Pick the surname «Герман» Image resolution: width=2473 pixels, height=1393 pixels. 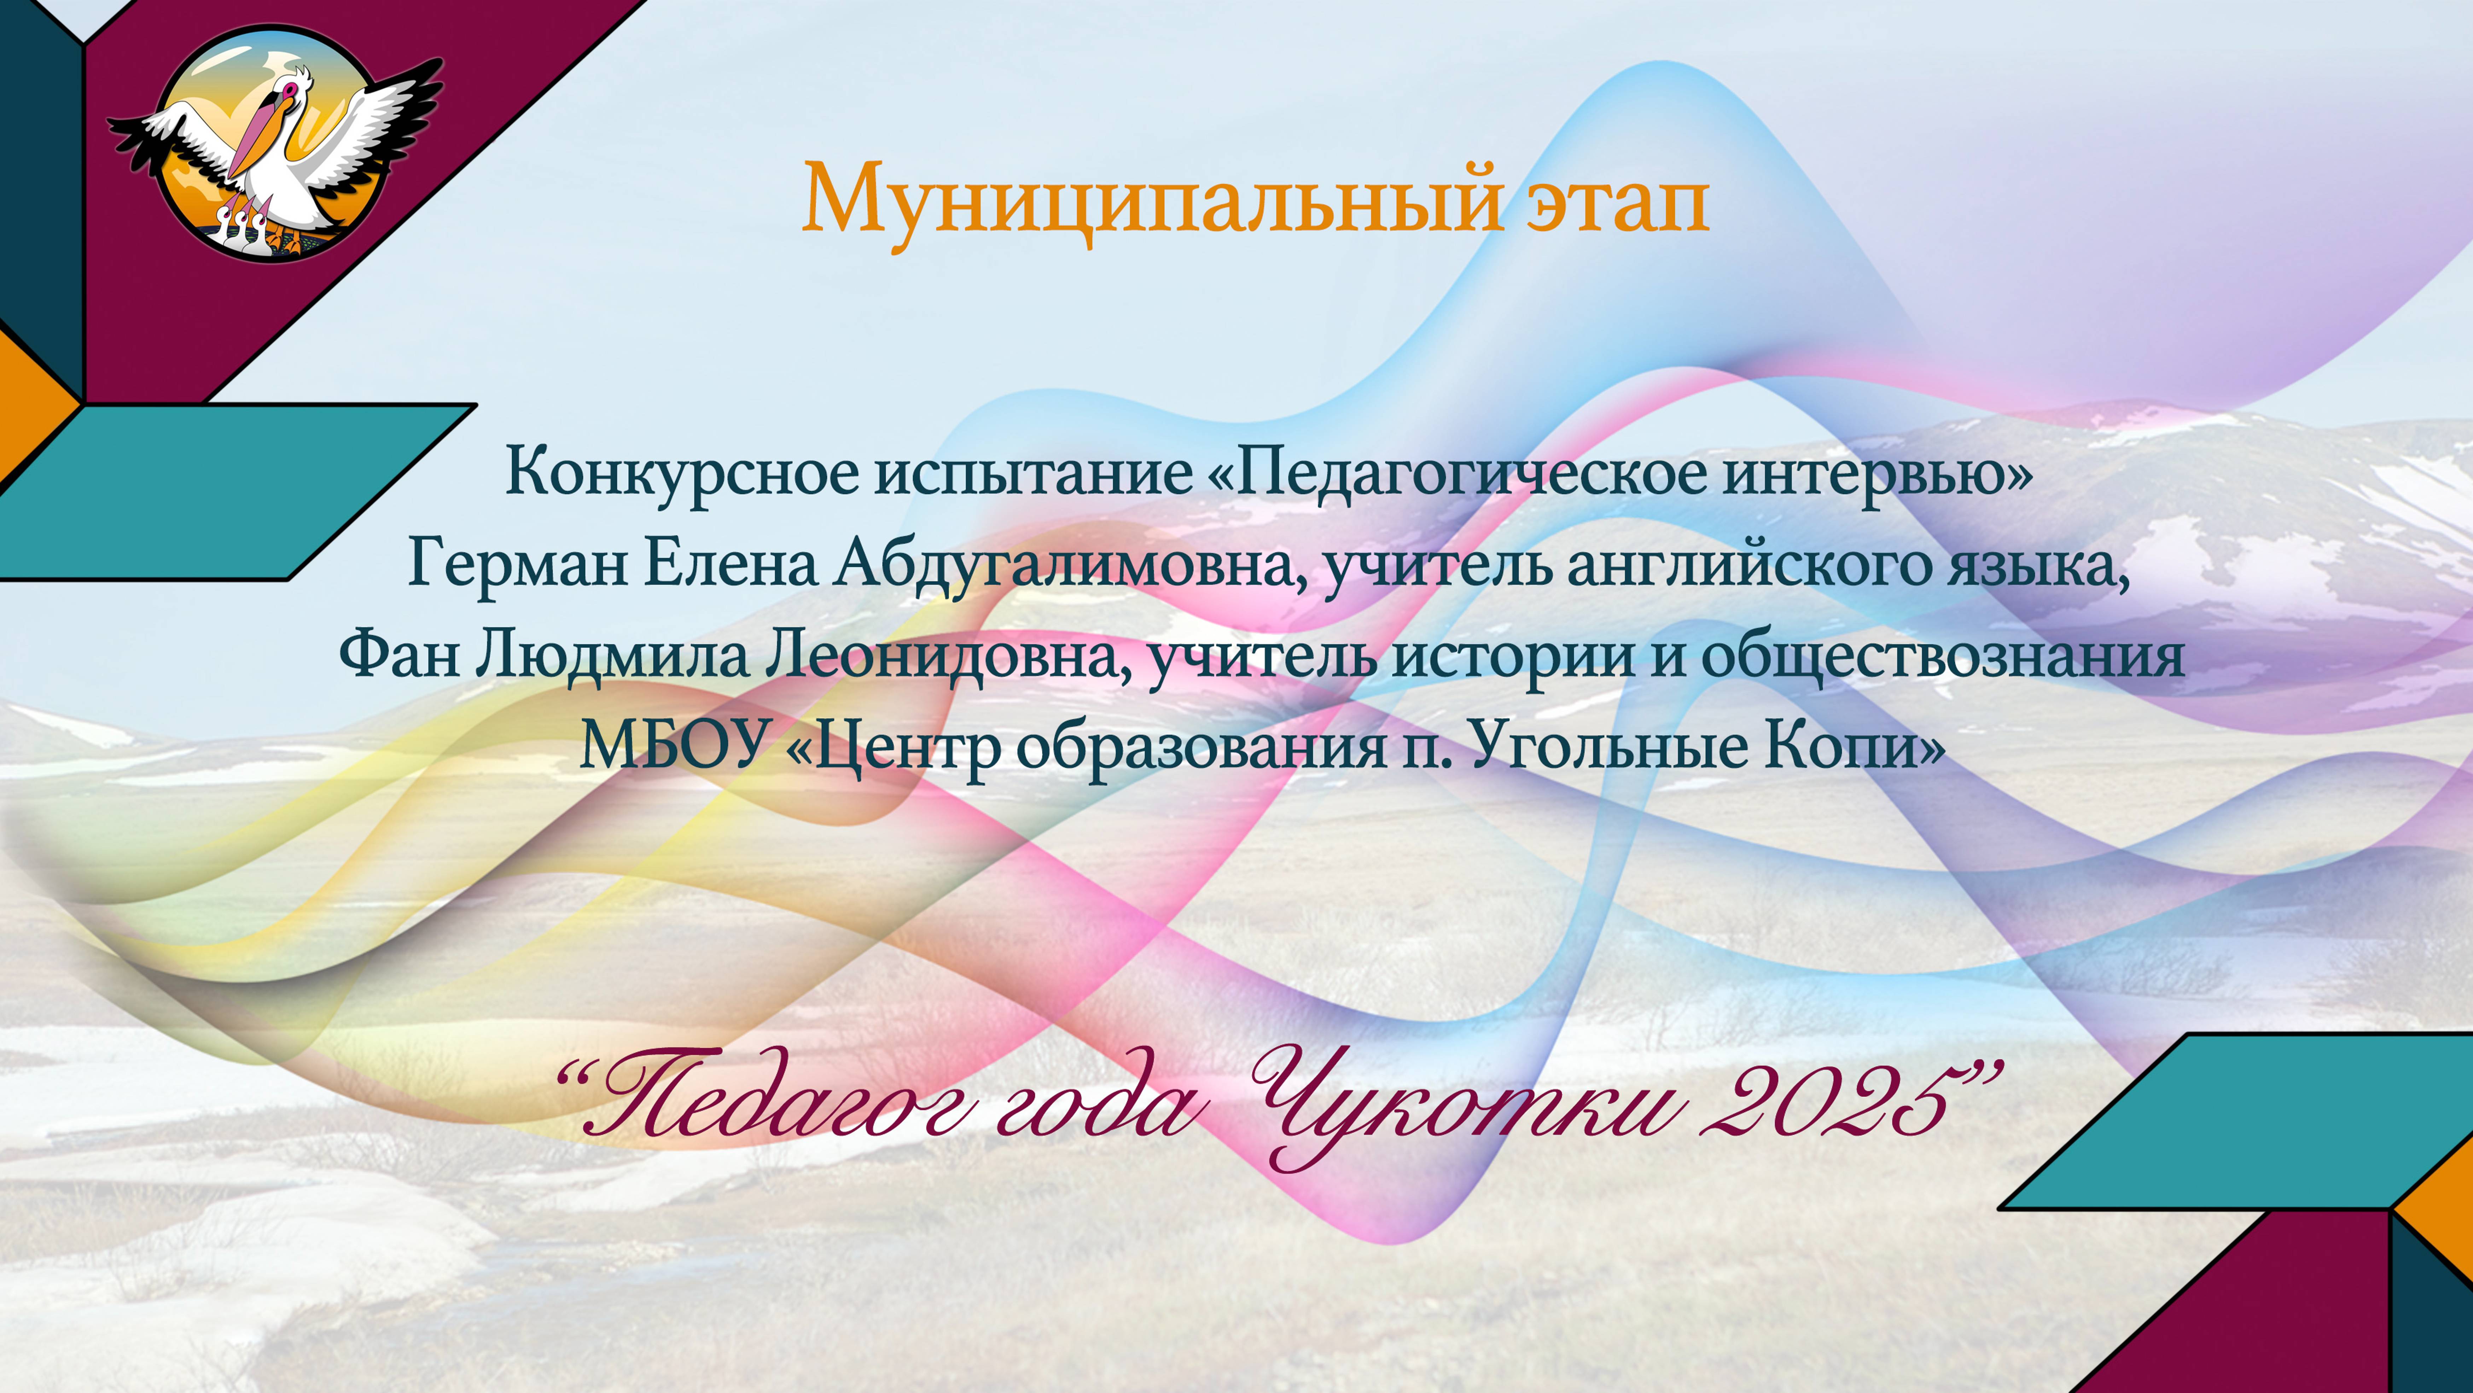point(518,564)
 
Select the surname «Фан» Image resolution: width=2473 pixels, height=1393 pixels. point(398,656)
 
